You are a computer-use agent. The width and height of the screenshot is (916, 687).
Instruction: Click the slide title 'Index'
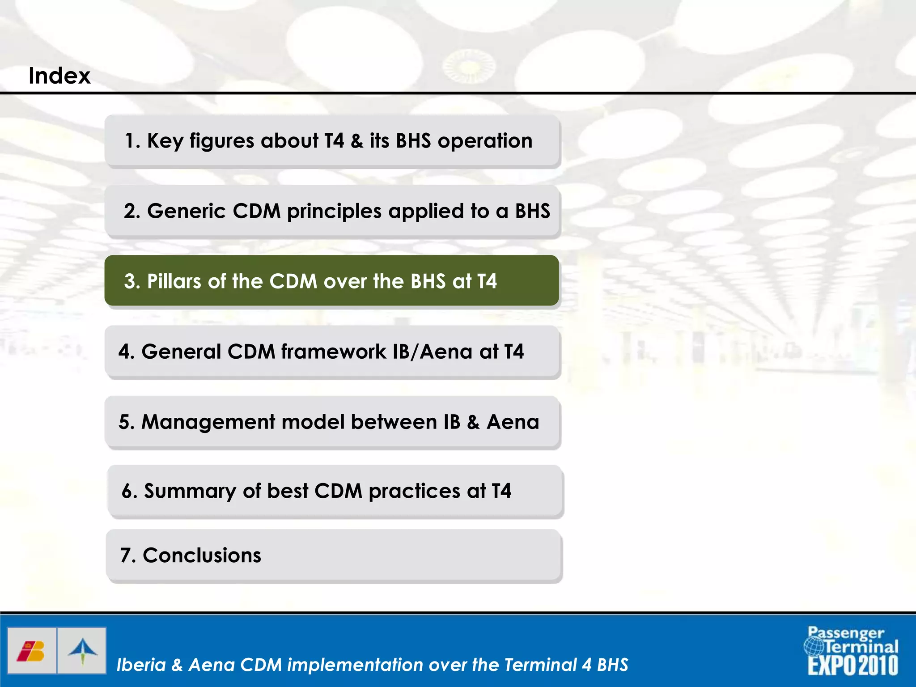coord(59,76)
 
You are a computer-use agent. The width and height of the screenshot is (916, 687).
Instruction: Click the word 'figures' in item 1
coord(222,141)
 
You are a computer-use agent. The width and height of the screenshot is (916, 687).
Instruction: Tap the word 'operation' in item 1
coord(485,141)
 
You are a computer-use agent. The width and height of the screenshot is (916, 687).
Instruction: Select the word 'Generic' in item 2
coord(186,211)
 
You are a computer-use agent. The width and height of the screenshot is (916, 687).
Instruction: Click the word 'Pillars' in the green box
coord(174,281)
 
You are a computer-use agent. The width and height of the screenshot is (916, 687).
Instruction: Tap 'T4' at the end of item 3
coord(487,281)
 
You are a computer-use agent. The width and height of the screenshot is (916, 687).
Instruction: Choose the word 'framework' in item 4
coord(333,352)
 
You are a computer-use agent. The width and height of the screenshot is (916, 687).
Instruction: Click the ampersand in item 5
coord(473,422)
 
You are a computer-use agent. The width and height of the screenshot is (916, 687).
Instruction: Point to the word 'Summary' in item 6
coord(190,491)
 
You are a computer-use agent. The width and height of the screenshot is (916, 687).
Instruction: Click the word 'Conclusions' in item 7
coord(202,556)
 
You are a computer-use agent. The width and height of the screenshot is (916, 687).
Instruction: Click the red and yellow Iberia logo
coord(31,651)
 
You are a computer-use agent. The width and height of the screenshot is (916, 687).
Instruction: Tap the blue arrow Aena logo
coord(82,651)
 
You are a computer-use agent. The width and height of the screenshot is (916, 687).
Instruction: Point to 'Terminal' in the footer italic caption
coord(540,665)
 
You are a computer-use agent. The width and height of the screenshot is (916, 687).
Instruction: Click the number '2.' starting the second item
coord(132,211)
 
